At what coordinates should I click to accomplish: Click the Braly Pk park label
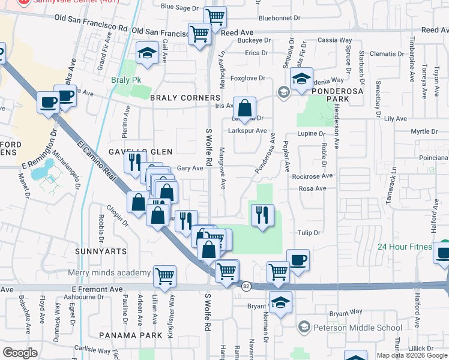click(125, 79)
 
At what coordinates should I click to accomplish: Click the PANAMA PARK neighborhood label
click(131, 335)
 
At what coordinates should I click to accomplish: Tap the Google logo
click(20, 352)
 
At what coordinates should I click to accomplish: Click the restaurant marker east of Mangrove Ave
click(262, 215)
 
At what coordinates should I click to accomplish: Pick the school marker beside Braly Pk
click(146, 53)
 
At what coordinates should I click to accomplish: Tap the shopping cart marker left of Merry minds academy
click(164, 276)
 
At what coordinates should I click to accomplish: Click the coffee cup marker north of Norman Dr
click(298, 260)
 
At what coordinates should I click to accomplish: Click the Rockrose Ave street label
click(312, 176)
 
